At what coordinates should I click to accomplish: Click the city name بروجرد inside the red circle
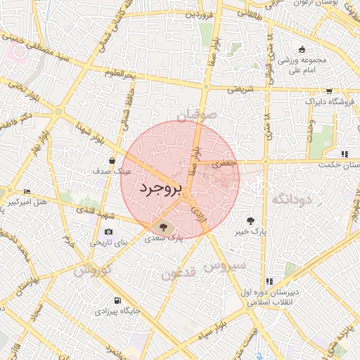pyautogui.click(x=161, y=188)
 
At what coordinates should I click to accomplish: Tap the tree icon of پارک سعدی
pyautogui.click(x=164, y=227)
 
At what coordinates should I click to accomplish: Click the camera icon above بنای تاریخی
pyautogui.click(x=108, y=232)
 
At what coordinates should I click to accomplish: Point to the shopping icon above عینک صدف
pyautogui.click(x=112, y=161)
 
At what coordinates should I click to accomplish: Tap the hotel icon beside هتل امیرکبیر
pyautogui.click(x=27, y=191)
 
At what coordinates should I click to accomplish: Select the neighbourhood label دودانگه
pyautogui.click(x=290, y=200)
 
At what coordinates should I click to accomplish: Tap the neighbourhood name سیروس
pyautogui.click(x=224, y=266)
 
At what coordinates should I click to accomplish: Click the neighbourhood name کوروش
pyautogui.click(x=91, y=269)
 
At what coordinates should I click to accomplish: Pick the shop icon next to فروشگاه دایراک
pyautogui.click(x=328, y=91)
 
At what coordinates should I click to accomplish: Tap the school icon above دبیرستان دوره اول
pyautogui.click(x=269, y=281)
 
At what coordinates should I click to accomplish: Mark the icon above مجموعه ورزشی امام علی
pyautogui.click(x=302, y=49)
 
